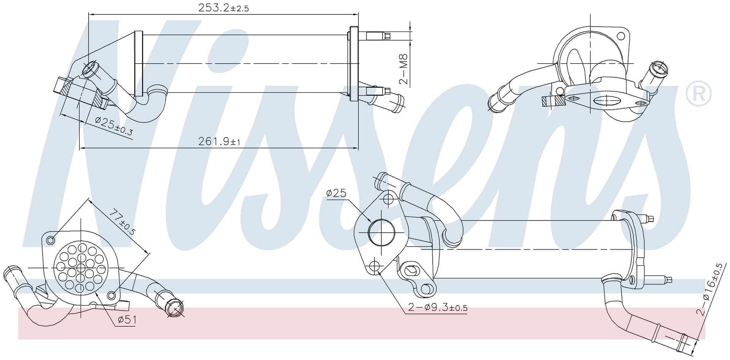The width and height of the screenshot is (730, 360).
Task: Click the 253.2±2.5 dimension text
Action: pyautogui.click(x=224, y=8)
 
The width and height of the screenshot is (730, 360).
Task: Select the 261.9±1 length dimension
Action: pyautogui.click(x=219, y=141)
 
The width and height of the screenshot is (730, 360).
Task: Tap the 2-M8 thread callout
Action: pyautogui.click(x=403, y=69)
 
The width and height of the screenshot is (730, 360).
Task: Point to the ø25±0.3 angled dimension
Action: pyautogui.click(x=114, y=126)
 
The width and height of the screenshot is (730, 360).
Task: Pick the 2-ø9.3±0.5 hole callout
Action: pyautogui.click(x=438, y=307)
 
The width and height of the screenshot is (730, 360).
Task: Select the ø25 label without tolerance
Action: pyautogui.click(x=336, y=193)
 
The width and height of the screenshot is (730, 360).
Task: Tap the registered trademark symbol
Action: pyautogui.click(x=699, y=93)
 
